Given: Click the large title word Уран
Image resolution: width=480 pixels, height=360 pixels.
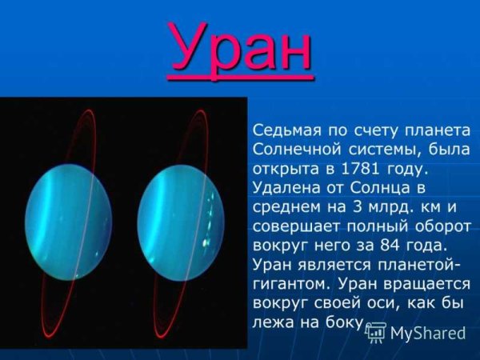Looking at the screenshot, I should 240,48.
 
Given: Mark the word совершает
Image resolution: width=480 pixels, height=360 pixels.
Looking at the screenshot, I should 294,226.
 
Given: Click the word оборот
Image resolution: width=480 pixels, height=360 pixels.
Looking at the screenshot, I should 436,226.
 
